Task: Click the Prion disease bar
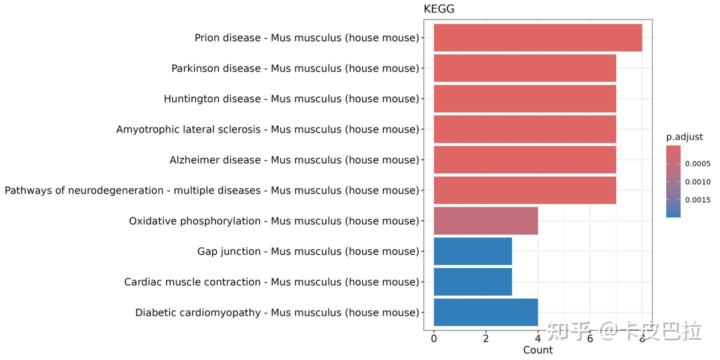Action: [537, 37]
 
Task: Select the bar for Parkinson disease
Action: [524, 68]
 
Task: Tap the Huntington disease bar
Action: [524, 98]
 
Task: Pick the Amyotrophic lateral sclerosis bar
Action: [524, 129]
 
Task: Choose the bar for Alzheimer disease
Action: [524, 159]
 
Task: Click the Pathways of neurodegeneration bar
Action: [524, 190]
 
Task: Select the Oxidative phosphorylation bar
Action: [485, 220]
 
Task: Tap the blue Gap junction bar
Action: [472, 251]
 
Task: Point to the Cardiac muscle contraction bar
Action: [472, 281]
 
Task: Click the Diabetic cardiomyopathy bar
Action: [485, 312]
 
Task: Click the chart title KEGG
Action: [438, 9]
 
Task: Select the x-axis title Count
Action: [537, 350]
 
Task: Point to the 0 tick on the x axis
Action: [433, 338]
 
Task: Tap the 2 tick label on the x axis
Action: [485, 338]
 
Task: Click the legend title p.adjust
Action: [684, 137]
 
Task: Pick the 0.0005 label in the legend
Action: [697, 163]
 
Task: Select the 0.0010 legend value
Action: [697, 182]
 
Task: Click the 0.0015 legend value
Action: [697, 200]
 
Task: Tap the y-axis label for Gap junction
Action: [308, 251]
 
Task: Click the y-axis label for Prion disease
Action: [306, 38]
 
